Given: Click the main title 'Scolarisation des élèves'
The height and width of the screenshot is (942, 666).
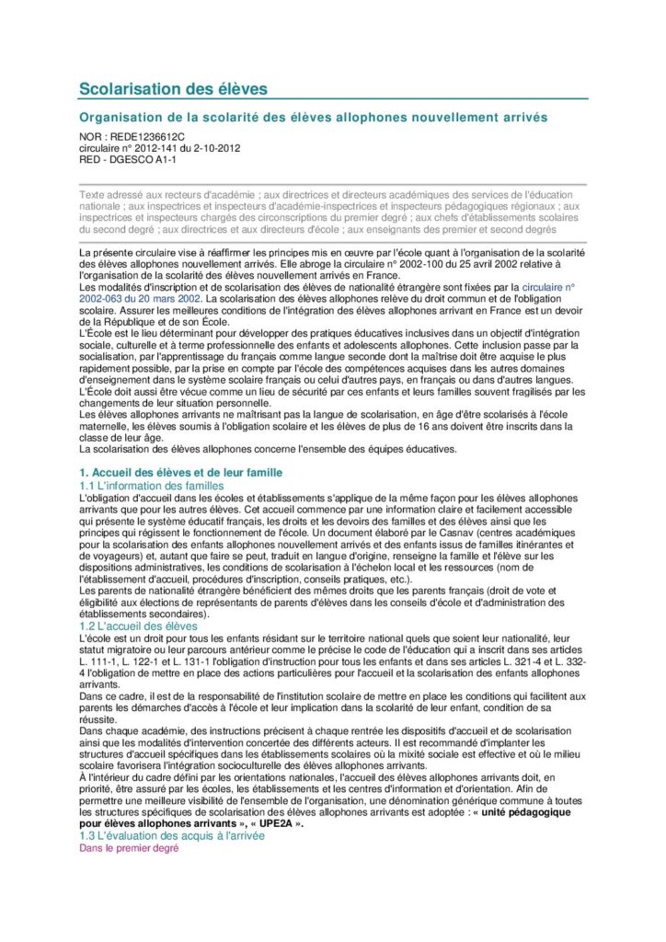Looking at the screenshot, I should (x=173, y=88).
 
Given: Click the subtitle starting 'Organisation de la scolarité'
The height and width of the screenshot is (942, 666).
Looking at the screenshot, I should (x=313, y=118).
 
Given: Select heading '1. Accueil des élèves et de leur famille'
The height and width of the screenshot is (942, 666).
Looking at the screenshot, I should (x=180, y=472).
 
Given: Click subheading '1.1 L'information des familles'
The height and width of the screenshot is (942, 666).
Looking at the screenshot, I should (x=152, y=485).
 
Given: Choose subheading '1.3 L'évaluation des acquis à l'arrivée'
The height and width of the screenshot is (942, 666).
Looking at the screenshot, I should (x=171, y=835).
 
